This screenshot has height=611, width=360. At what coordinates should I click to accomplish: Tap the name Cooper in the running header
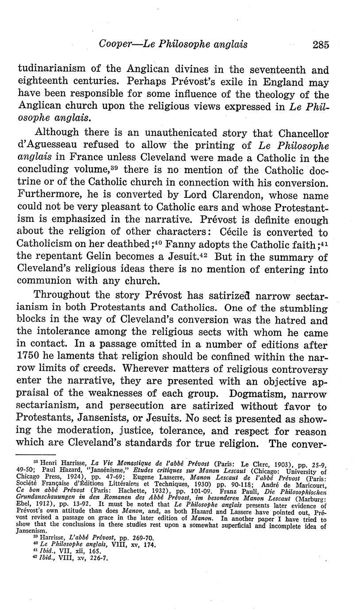[114, 44]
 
